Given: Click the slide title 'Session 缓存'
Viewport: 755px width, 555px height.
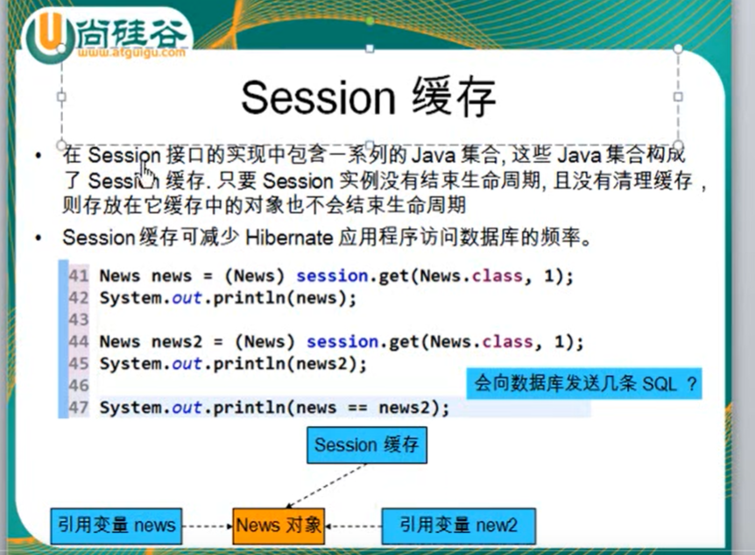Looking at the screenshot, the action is point(369,98).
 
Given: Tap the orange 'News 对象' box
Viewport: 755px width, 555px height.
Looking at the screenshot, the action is point(279,525).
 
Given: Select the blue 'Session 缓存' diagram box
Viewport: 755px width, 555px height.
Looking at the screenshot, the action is point(366,445).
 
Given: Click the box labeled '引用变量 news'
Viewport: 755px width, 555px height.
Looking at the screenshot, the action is point(116,525).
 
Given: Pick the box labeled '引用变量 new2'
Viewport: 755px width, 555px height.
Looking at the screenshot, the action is point(458,525).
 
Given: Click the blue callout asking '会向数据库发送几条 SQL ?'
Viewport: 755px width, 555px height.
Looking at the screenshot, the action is point(584,384).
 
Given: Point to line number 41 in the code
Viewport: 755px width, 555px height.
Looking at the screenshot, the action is point(79,276).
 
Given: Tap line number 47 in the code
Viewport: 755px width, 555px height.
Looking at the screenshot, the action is point(79,408).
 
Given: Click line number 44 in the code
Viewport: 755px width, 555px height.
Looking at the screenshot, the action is point(79,342).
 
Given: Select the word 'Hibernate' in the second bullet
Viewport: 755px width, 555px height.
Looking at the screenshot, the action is point(289,238).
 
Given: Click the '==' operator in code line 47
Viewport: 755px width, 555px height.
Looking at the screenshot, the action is point(357,408).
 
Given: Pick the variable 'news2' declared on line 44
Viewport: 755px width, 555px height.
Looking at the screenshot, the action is point(177,342).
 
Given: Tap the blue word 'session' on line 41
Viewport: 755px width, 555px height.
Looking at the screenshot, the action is point(332,276).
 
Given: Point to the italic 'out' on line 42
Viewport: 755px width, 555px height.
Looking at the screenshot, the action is point(187,298).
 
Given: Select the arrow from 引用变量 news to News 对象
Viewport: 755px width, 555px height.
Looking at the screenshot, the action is point(208,526).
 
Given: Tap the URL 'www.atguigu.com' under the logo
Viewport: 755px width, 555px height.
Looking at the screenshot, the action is point(131,52).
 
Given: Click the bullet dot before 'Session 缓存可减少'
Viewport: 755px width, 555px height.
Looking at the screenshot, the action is point(39,238).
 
